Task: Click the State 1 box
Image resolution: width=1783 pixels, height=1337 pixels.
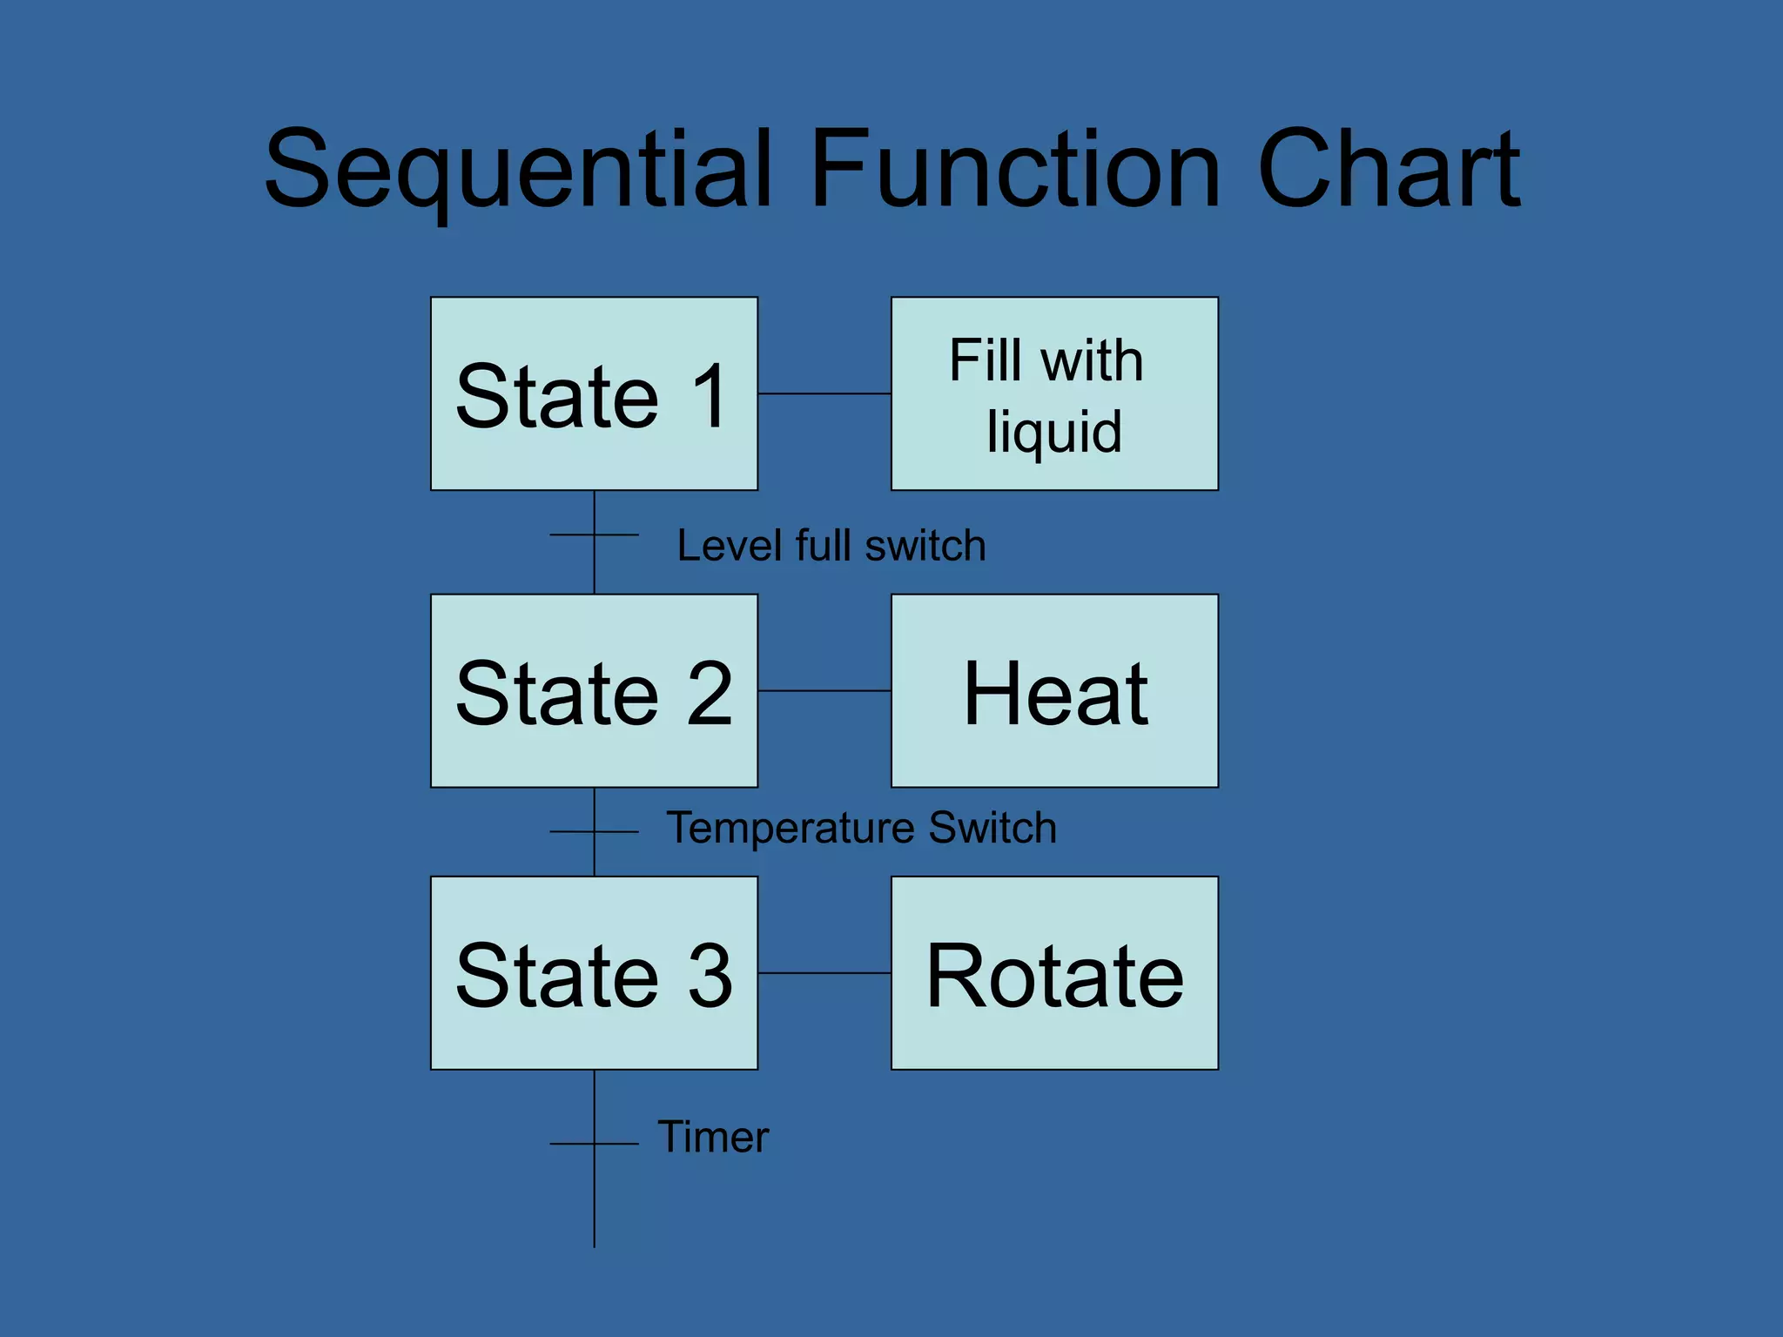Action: [594, 393]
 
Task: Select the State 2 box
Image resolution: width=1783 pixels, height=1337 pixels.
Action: [594, 691]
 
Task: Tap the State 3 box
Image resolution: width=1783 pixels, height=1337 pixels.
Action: [594, 973]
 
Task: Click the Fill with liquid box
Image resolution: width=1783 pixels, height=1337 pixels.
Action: [1054, 393]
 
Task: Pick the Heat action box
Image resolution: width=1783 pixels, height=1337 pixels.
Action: [1054, 691]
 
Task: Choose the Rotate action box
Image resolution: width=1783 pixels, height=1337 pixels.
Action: [1054, 973]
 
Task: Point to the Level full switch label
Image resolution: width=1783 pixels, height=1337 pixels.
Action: [831, 546]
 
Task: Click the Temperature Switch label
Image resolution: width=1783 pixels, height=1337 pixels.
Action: [861, 827]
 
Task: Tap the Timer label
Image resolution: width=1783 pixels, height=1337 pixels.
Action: [713, 1136]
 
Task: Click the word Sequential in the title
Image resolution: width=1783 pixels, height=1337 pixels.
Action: [519, 170]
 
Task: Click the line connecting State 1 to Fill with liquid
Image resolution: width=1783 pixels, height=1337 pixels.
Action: [824, 393]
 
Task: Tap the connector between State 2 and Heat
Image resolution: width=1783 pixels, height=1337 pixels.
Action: [824, 691]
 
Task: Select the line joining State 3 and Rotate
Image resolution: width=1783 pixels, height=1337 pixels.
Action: [824, 973]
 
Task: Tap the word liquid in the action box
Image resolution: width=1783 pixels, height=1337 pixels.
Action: [1054, 432]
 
